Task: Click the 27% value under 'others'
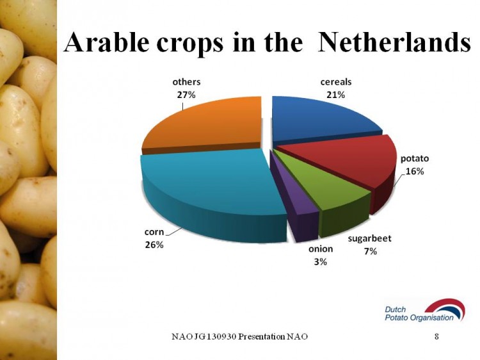[x=186, y=95]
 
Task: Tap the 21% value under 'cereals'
[x=336, y=95]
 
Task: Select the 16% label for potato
[x=415, y=171]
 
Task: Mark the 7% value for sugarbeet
[x=370, y=252]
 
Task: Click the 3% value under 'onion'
[x=320, y=261]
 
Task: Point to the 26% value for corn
[x=154, y=245]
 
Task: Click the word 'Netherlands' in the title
[x=394, y=42]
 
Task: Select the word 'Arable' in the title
[x=106, y=42]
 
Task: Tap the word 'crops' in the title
[x=190, y=44]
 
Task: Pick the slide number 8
[x=436, y=336]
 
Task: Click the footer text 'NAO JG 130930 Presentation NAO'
[x=240, y=336]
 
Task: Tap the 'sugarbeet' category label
[x=369, y=238]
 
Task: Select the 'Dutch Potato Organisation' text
[x=419, y=314]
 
